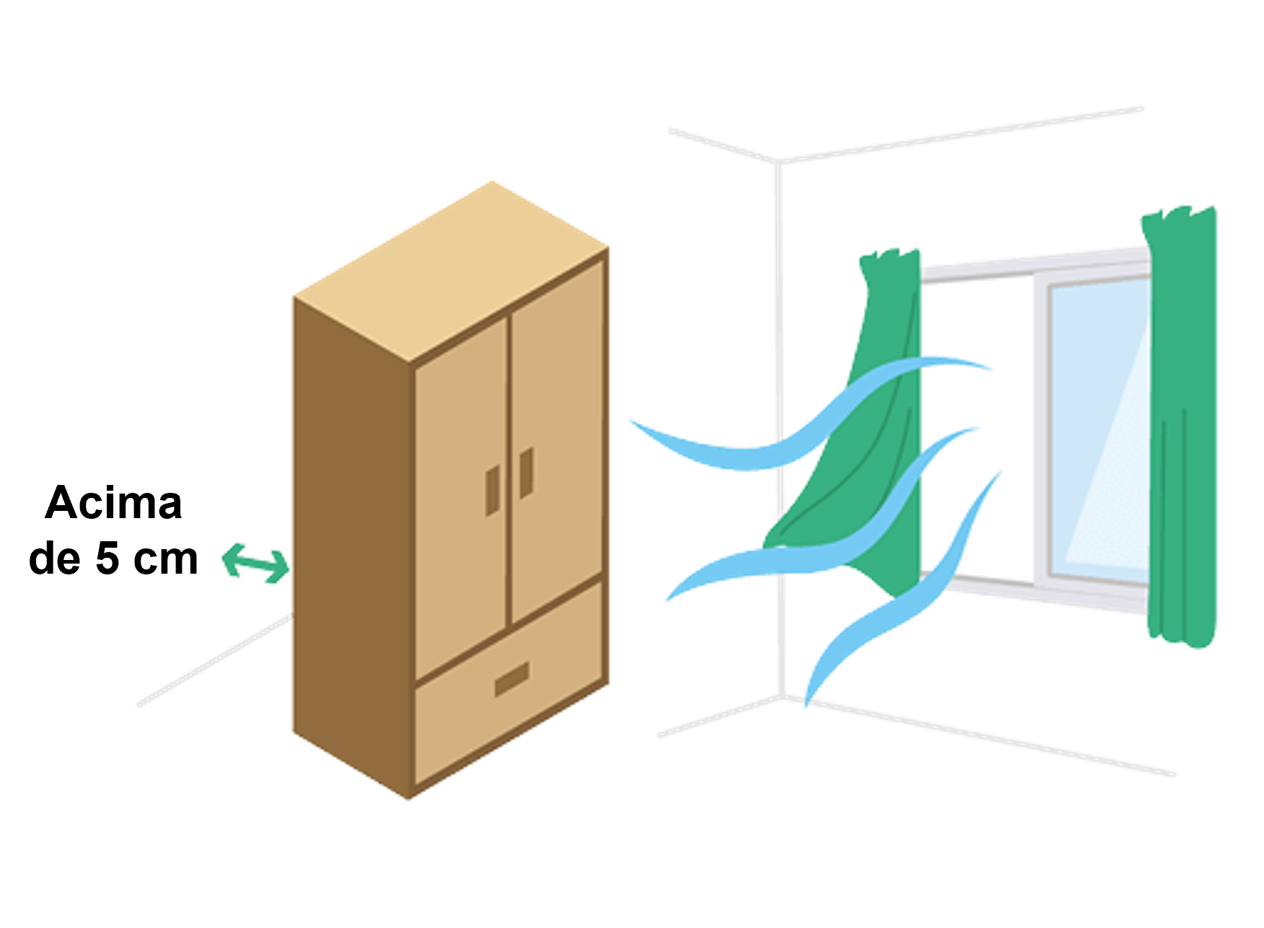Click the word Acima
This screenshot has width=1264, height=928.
click(x=113, y=502)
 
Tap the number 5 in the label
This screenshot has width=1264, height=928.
click(x=107, y=559)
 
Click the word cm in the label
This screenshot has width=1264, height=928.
click(x=166, y=561)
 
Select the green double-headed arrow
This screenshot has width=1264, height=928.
click(x=256, y=564)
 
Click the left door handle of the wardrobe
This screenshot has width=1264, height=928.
click(x=493, y=491)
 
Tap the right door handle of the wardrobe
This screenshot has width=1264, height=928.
click(x=527, y=473)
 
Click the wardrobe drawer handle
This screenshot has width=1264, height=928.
click(x=512, y=679)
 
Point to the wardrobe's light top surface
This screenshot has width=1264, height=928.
click(x=452, y=271)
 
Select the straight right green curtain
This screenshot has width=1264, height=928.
click(x=1180, y=426)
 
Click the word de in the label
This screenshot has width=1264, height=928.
click(x=54, y=559)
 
